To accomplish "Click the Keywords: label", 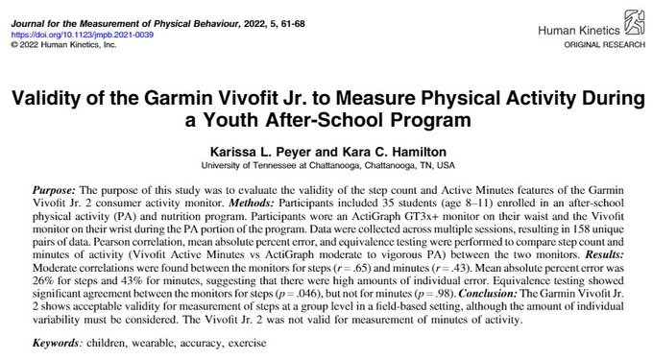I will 59,342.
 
